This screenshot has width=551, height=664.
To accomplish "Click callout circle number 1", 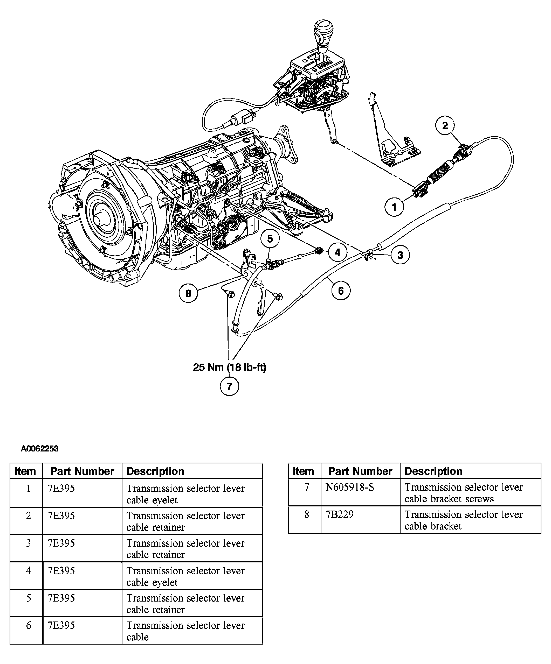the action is pyautogui.click(x=394, y=207).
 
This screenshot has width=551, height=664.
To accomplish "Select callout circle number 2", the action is pyautogui.click(x=445, y=125).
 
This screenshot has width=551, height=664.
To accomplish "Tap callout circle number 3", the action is pyautogui.click(x=400, y=255).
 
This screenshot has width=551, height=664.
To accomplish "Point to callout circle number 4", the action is pyautogui.click(x=338, y=252).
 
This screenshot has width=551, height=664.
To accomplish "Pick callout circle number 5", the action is pyautogui.click(x=270, y=239).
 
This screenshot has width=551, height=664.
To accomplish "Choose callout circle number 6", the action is pyautogui.click(x=341, y=291).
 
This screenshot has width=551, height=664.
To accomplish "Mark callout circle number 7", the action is pyautogui.click(x=229, y=386).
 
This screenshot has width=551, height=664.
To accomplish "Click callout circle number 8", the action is pyautogui.click(x=188, y=293).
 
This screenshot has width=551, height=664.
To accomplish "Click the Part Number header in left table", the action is pyautogui.click(x=82, y=471).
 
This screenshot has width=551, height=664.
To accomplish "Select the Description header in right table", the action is pyautogui.click(x=433, y=471).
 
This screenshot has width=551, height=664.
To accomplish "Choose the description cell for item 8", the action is pyautogui.click(x=470, y=519).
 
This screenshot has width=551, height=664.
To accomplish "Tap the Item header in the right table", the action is pyautogui.click(x=303, y=471).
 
